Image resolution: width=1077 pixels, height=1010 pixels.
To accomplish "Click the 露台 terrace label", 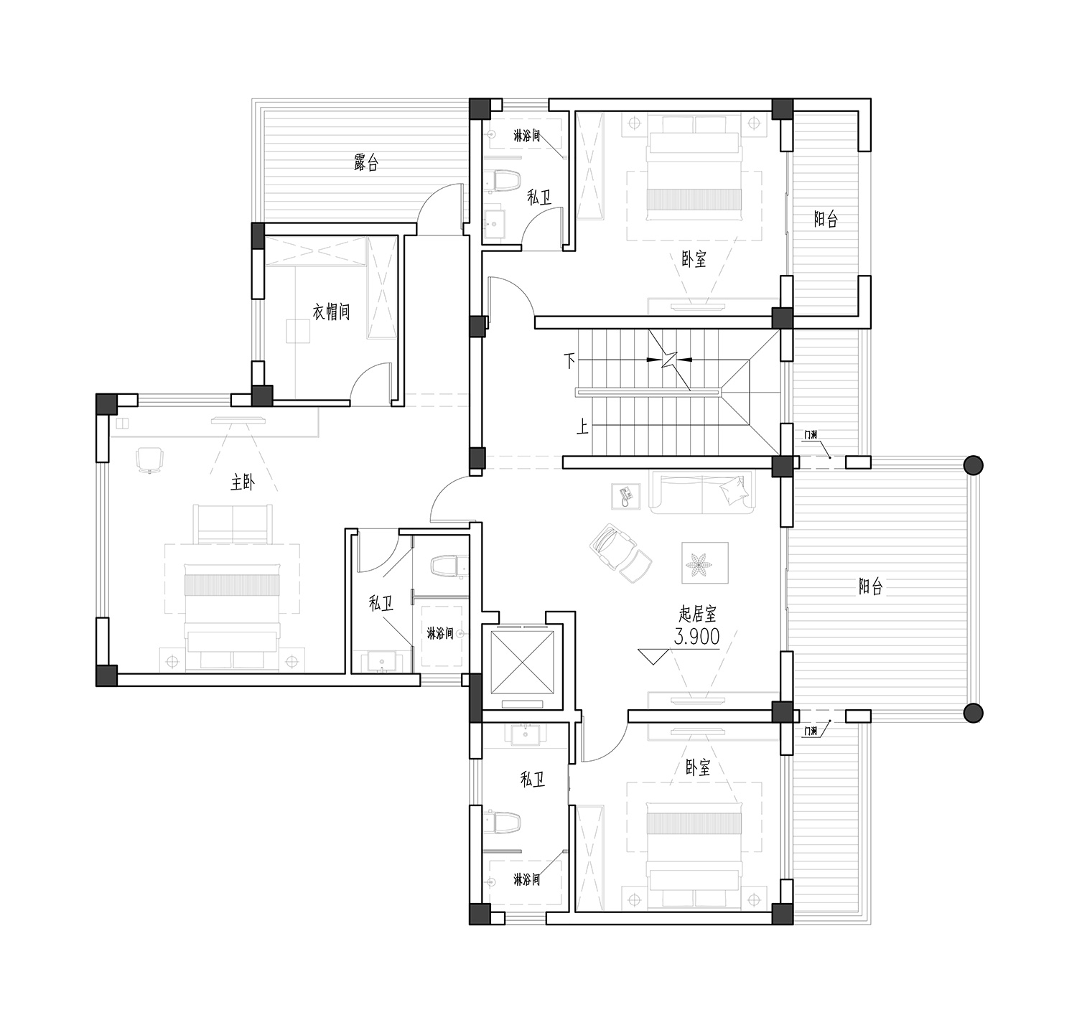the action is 366,162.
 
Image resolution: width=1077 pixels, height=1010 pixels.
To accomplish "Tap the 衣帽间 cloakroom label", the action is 331,312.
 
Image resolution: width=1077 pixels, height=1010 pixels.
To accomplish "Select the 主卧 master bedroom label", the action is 243,482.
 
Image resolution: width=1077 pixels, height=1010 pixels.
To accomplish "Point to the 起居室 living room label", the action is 697,614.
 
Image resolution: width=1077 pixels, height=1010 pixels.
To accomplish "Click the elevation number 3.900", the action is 697,636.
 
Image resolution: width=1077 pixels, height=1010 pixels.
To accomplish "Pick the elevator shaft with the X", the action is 523,663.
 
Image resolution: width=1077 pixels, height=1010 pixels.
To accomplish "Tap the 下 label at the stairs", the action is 569,360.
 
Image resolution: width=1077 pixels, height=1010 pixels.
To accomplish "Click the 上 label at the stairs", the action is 582,427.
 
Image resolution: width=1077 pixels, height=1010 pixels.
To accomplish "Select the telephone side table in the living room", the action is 626,496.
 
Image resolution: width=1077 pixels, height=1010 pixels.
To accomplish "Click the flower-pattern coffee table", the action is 704,563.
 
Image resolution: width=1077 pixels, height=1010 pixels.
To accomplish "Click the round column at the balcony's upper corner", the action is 973,465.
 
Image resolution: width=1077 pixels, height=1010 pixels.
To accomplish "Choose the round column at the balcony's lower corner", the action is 973,713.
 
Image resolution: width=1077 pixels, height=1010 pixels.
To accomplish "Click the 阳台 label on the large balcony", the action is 870,586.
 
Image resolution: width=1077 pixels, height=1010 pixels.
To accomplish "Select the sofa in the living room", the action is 702,492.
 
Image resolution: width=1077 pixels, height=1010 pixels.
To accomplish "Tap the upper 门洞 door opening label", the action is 810,434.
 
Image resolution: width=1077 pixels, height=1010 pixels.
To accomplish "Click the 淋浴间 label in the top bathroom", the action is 526,136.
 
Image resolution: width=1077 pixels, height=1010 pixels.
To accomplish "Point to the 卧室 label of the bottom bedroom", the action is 697,767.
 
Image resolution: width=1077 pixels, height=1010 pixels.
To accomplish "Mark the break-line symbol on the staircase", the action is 670,360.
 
